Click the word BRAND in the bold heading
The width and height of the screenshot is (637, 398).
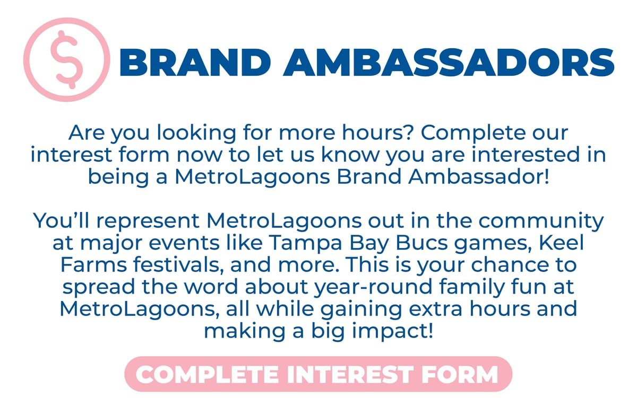tap(195, 63)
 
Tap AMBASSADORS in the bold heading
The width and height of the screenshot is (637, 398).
tap(449, 63)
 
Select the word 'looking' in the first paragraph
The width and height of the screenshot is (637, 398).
tap(196, 134)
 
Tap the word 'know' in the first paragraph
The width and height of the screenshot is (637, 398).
tap(350, 155)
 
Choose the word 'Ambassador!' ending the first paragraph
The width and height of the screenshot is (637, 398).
tap(479, 176)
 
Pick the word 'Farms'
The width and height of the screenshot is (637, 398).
tap(93, 265)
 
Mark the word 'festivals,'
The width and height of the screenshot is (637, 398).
tap(178, 266)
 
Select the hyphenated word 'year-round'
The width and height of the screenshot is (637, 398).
tap(373, 287)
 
